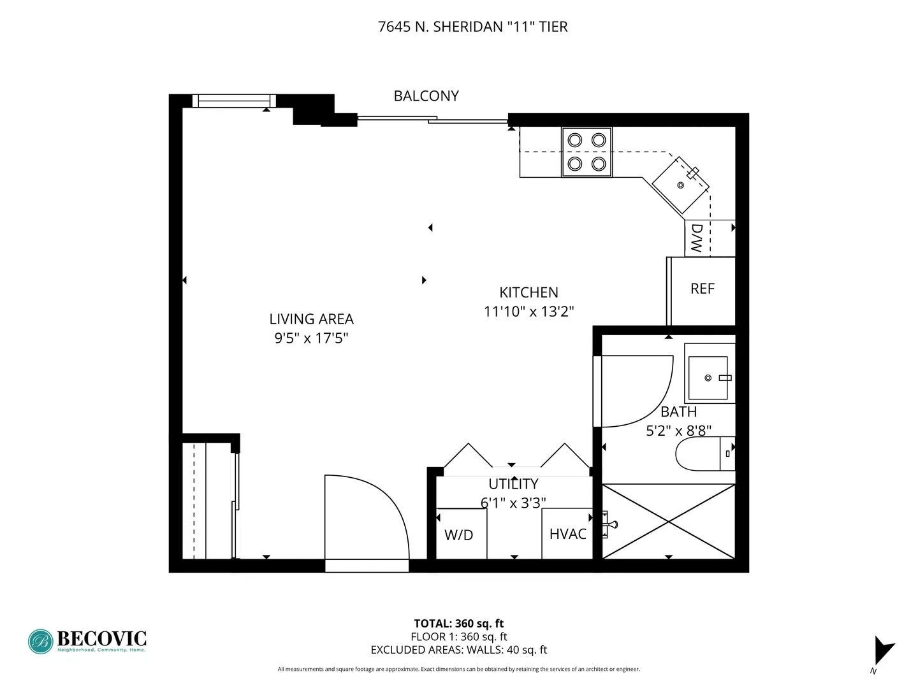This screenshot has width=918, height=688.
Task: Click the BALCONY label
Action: click(x=426, y=96)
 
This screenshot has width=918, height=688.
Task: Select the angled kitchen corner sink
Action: click(x=680, y=185)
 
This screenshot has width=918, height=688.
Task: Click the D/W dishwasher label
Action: click(x=697, y=238)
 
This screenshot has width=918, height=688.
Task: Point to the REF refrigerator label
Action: click(x=702, y=289)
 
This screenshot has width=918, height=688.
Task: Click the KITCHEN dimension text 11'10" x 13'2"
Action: click(x=528, y=312)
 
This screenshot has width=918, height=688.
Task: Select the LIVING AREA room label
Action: click(x=311, y=319)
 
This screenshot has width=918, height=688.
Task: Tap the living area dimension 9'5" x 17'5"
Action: click(x=311, y=338)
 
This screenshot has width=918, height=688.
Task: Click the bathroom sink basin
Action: click(x=708, y=378)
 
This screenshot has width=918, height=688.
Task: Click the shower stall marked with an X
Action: click(x=668, y=521)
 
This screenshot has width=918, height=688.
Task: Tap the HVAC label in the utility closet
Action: click(x=567, y=533)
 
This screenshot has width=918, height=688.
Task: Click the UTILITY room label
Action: click(x=513, y=484)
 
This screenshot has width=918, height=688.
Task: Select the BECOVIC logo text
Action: click(x=101, y=638)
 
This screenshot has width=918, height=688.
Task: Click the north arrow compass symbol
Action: click(x=883, y=650)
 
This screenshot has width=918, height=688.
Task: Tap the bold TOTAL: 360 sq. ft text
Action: click(x=458, y=624)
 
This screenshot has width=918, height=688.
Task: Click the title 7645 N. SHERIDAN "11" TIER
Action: click(x=472, y=27)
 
